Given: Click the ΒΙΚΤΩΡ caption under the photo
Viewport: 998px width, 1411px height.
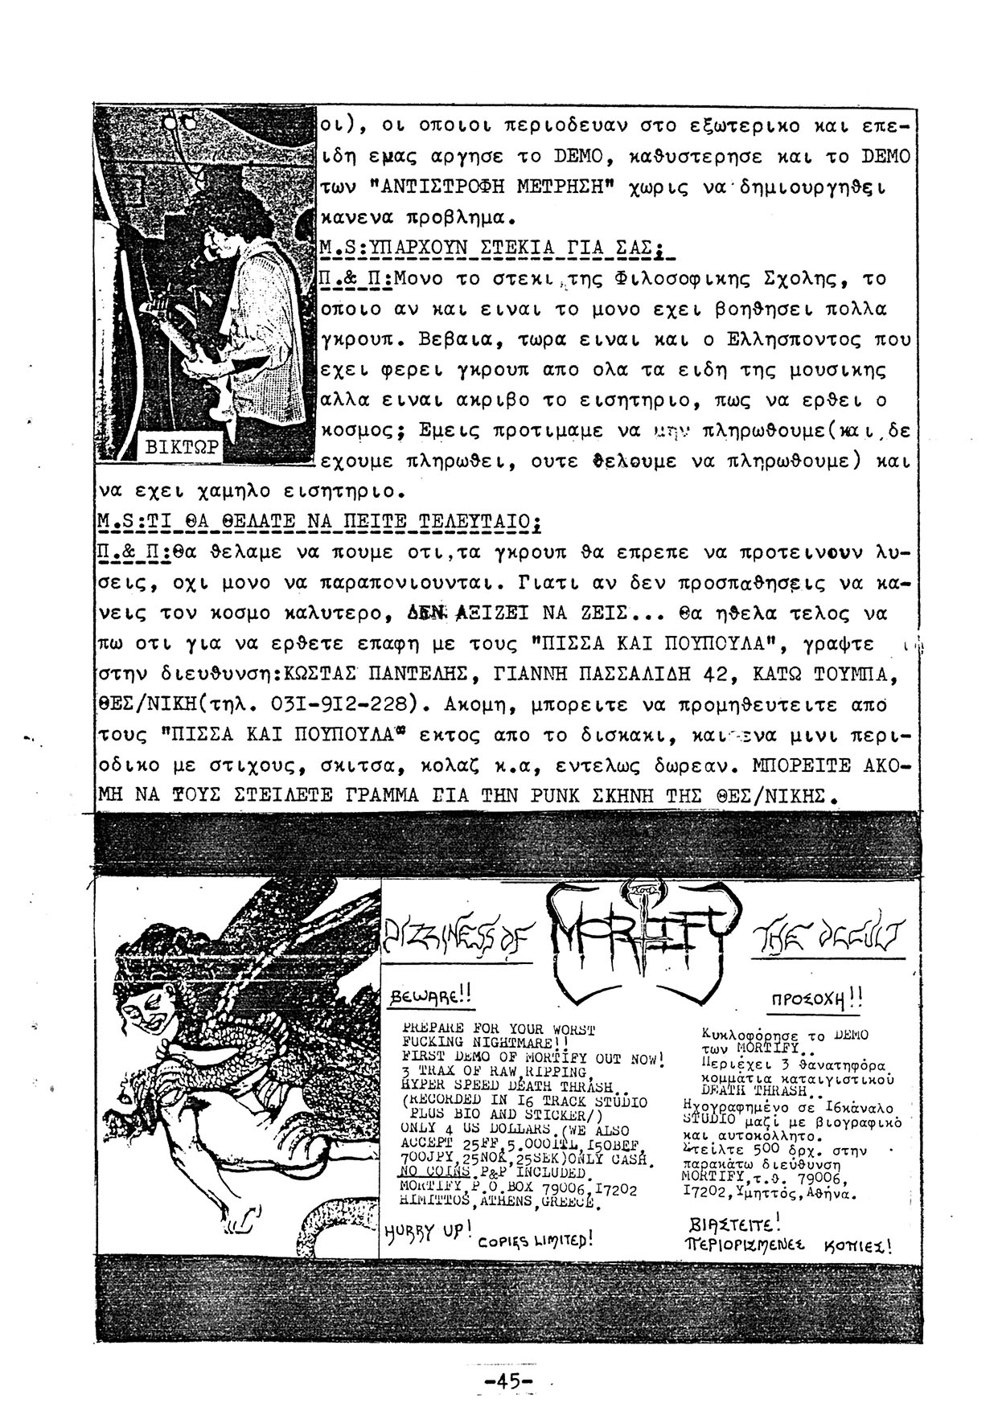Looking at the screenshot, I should click(180, 448).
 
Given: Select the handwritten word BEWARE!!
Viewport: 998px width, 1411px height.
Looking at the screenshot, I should click(430, 998).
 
